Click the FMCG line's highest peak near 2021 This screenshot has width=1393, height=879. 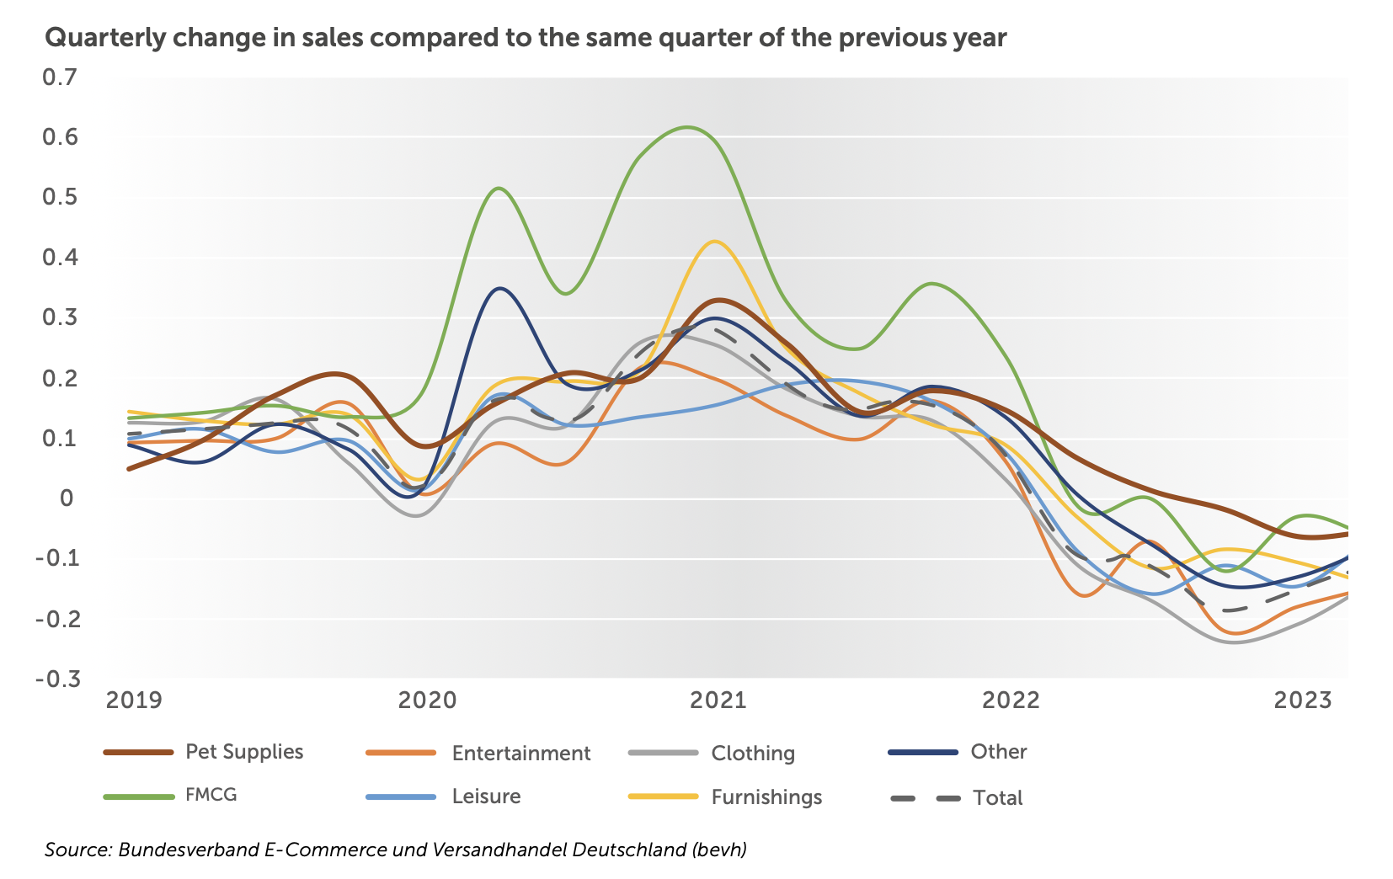pyautogui.click(x=687, y=127)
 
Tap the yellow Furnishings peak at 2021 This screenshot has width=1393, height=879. pyautogui.click(x=715, y=242)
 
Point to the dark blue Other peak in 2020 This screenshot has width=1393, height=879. pyautogui.click(x=500, y=289)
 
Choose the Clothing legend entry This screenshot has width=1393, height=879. pyautogui.click(x=752, y=754)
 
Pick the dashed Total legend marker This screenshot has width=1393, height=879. pyautogui.click(x=925, y=798)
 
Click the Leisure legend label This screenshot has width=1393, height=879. pyautogui.click(x=486, y=796)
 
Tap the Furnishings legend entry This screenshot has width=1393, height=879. pyautogui.click(x=766, y=797)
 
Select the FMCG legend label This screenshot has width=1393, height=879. pyautogui.click(x=211, y=796)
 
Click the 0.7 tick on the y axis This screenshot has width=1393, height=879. pyautogui.click(x=59, y=77)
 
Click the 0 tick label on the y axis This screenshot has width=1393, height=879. pyautogui.click(x=67, y=498)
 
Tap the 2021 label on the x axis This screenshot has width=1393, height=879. pyautogui.click(x=718, y=701)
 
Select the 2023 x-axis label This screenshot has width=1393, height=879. pyautogui.click(x=1302, y=701)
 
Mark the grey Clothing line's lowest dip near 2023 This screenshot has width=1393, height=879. pyautogui.click(x=1235, y=642)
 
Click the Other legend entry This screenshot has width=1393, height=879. pyautogui.click(x=998, y=752)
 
